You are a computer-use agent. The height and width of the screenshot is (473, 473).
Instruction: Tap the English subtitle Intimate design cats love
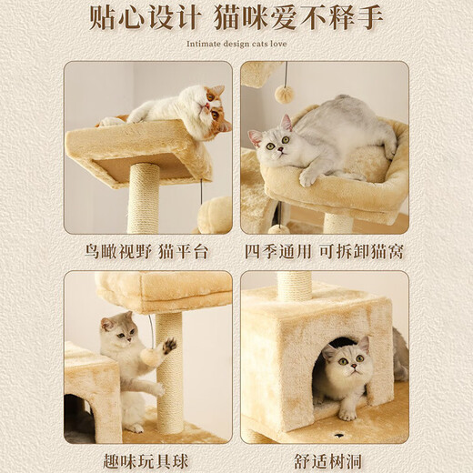(236, 43)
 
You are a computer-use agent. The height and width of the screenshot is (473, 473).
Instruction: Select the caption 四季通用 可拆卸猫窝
(324, 252)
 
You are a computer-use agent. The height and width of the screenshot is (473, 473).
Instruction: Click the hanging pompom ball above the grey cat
(285, 94)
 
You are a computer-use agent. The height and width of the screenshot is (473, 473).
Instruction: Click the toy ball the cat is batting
(150, 357)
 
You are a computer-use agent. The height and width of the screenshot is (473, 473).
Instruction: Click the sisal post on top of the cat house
(294, 286)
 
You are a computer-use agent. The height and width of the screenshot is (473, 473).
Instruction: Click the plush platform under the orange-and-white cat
(136, 146)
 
